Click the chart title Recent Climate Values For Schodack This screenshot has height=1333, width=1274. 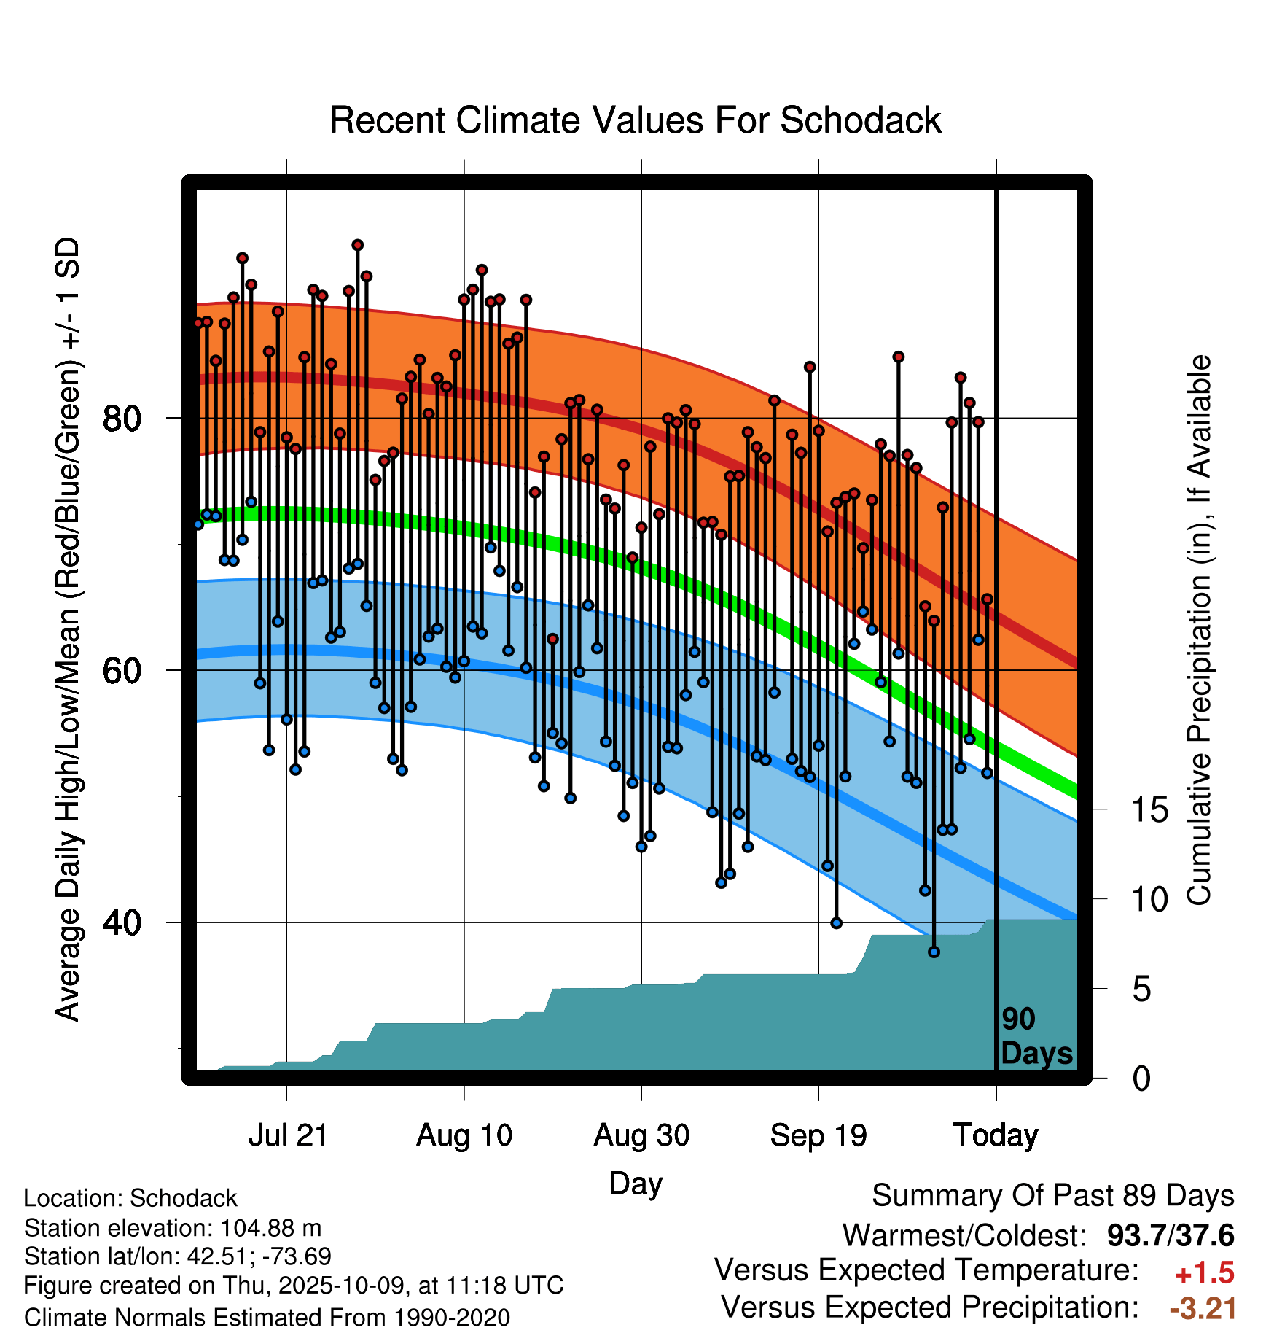(x=635, y=120)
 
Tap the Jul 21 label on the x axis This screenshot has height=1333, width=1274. (x=288, y=1135)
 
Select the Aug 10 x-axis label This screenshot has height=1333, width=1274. (x=464, y=1135)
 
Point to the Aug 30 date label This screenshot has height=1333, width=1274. (x=641, y=1135)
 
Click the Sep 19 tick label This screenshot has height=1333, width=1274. (x=818, y=1135)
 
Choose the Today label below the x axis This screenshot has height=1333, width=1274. (x=996, y=1135)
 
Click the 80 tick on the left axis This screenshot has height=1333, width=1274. (x=122, y=419)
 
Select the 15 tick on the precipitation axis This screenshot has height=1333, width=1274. (x=1149, y=810)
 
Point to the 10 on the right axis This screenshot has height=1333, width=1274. (x=1149, y=900)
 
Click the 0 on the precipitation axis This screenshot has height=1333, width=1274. (x=1141, y=1079)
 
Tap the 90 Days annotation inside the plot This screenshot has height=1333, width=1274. (x=1036, y=1036)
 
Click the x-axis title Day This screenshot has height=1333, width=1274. (x=636, y=1183)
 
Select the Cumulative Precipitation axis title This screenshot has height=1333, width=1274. (x=1198, y=631)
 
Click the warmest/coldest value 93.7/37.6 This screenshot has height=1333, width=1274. (x=1171, y=1235)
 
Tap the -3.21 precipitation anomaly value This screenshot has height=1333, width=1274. (x=1203, y=1308)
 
